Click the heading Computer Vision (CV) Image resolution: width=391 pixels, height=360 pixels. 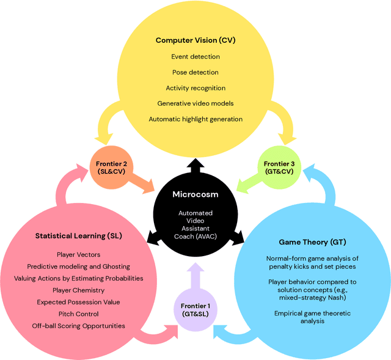(x=195, y=41)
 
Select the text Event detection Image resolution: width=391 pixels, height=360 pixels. (x=195, y=57)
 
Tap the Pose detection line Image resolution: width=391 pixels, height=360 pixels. (x=195, y=72)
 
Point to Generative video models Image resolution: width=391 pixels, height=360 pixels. (x=195, y=103)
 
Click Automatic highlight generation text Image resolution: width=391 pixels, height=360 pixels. (x=195, y=119)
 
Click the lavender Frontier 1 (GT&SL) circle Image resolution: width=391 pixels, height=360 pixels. (x=195, y=309)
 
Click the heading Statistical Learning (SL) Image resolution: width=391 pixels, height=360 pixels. (x=79, y=235)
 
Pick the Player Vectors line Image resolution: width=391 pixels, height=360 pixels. (x=78, y=254)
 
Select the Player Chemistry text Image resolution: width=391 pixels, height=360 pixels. (x=78, y=290)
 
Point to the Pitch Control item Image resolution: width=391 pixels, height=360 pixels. (x=78, y=314)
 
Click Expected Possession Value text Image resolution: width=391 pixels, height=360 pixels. (x=78, y=302)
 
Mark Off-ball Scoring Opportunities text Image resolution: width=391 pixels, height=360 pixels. (x=78, y=326)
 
